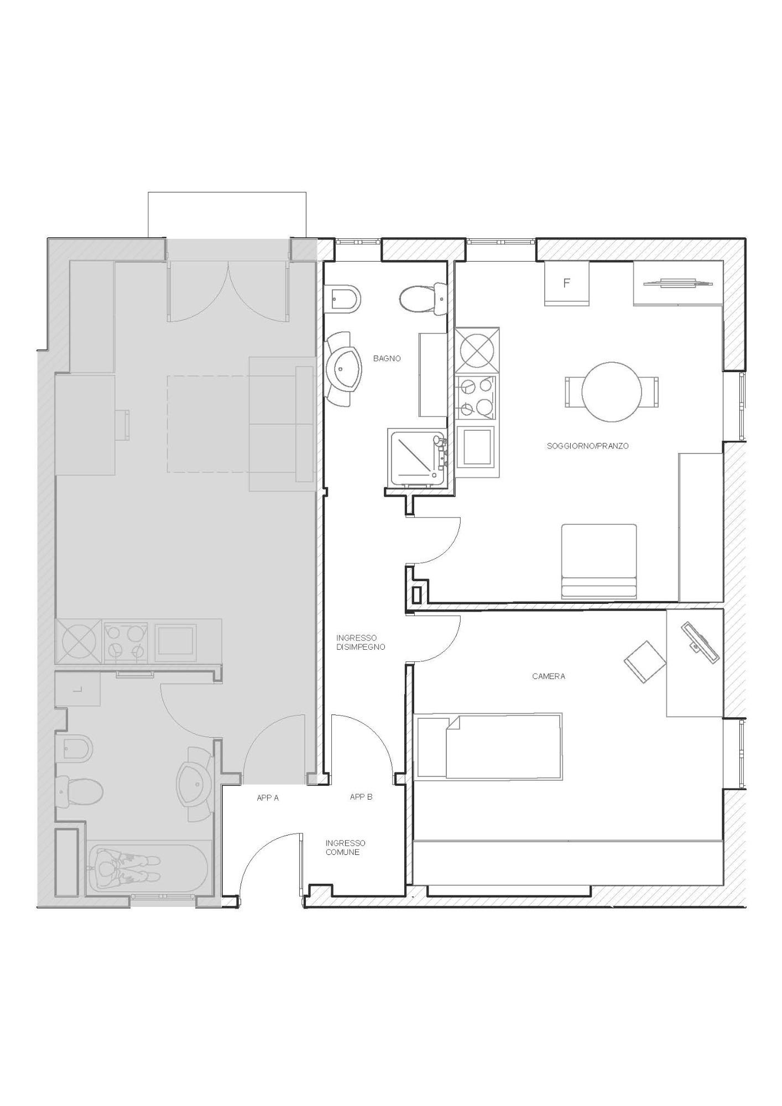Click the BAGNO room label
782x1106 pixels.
click(387, 358)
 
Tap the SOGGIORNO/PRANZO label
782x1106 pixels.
click(587, 446)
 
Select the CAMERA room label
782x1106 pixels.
click(549, 676)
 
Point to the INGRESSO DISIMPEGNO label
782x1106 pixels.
click(361, 642)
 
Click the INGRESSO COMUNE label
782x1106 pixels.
click(345, 848)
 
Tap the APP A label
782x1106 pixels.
click(268, 798)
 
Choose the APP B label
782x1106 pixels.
click(361, 797)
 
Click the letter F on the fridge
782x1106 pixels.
click(566, 283)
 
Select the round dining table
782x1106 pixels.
click(612, 392)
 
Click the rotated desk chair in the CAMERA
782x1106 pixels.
click(645, 662)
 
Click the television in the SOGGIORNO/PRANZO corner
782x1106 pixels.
click(678, 283)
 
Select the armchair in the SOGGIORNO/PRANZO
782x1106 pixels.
click(599, 561)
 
